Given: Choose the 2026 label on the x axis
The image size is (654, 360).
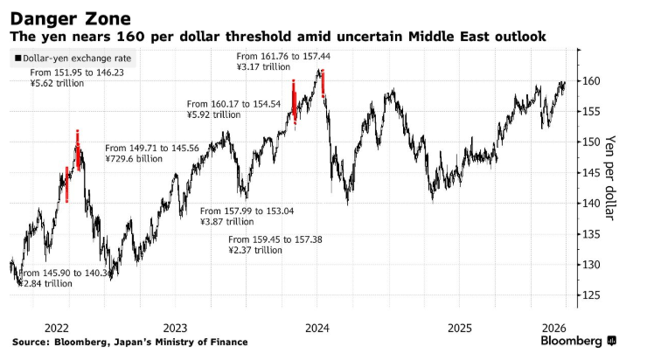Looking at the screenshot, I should (x=556, y=323).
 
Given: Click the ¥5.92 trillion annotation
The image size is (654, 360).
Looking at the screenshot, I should (x=213, y=114).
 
